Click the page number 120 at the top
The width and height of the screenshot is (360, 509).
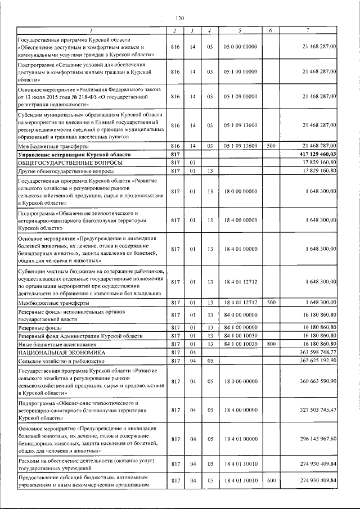[179, 19]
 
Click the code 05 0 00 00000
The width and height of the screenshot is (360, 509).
[241, 47]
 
